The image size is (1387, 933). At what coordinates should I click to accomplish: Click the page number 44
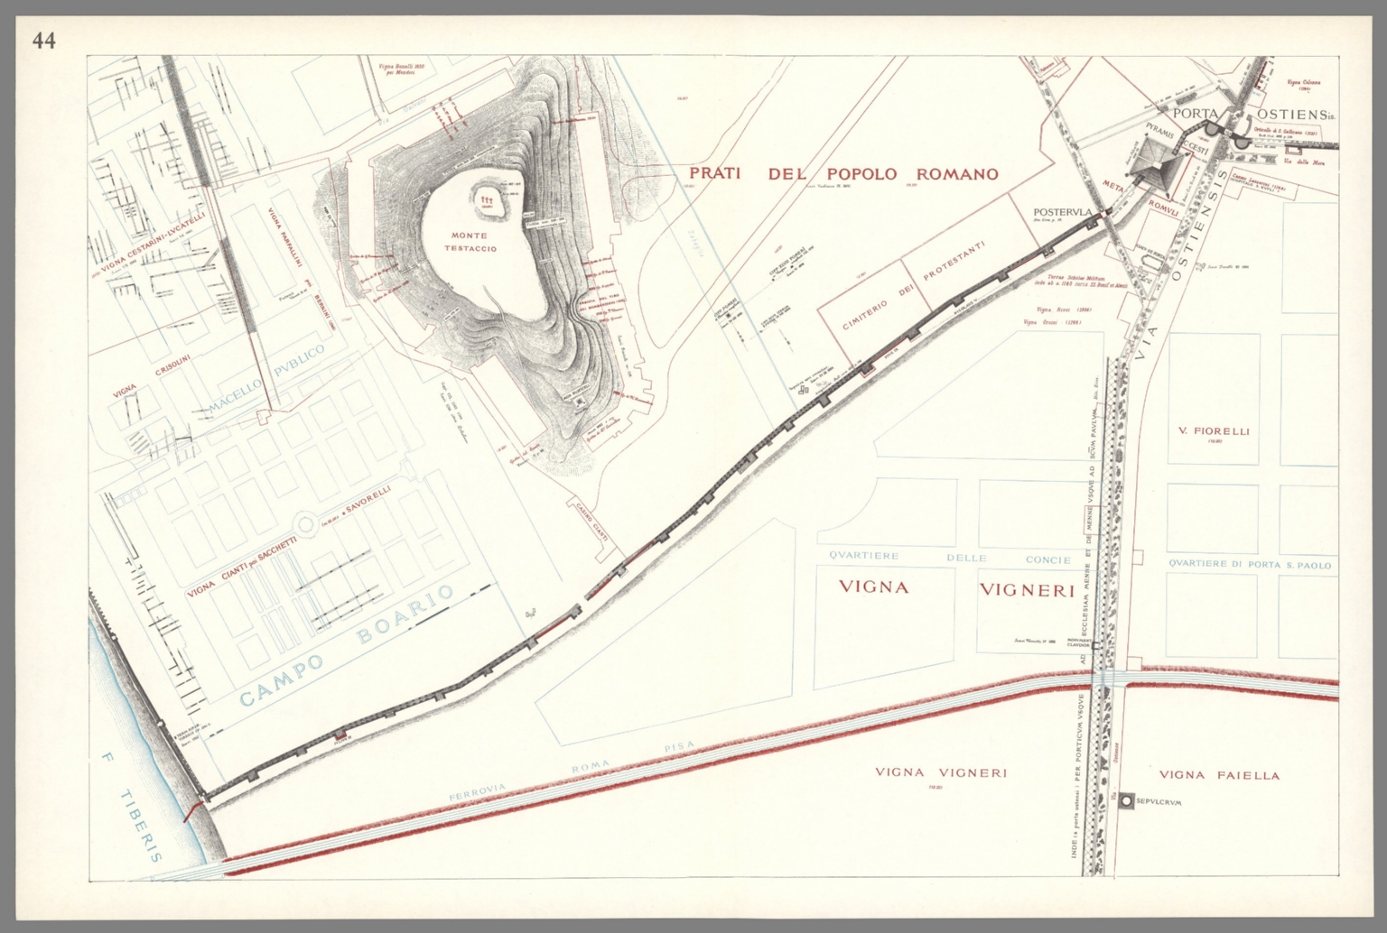[43, 41]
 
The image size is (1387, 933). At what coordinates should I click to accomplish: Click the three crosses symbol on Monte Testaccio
[488, 199]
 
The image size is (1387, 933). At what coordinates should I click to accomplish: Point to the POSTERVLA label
[1064, 213]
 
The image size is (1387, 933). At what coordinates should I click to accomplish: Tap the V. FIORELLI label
[1214, 431]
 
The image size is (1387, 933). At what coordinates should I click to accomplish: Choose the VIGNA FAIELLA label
[1219, 774]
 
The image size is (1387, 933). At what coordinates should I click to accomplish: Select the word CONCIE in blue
[1047, 559]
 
